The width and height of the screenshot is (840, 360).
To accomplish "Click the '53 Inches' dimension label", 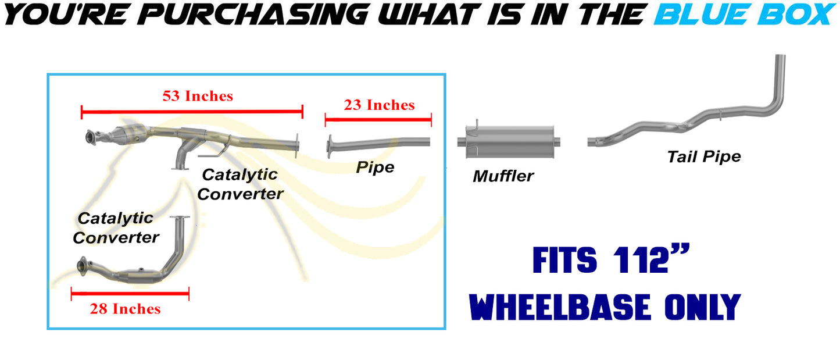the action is click(x=198, y=97).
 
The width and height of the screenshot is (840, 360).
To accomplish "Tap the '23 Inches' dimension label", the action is click(x=379, y=105).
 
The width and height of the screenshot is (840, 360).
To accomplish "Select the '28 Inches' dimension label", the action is click(x=125, y=309).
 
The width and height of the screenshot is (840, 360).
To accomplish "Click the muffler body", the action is click(x=510, y=142).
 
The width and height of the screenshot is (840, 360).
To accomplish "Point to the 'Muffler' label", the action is click(x=503, y=176).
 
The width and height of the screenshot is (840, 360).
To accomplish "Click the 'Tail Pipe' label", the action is click(x=704, y=157).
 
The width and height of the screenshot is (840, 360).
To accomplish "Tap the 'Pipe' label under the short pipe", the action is click(x=375, y=167).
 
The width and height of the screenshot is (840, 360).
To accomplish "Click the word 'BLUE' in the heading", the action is click(x=702, y=15).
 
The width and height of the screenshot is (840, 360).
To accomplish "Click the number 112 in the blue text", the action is click(x=641, y=260).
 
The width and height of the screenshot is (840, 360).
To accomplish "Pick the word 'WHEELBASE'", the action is click(x=560, y=307).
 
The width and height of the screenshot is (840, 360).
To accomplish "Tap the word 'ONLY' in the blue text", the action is click(x=702, y=307).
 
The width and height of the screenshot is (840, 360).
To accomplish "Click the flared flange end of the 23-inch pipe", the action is click(x=330, y=146).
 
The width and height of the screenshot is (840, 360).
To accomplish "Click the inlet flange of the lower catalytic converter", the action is click(x=82, y=266).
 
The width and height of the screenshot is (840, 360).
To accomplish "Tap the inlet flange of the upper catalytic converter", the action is click(x=91, y=137).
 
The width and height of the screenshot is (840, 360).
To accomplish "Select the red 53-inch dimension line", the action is click(x=192, y=112).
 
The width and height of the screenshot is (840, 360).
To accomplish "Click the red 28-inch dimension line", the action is click(x=130, y=294).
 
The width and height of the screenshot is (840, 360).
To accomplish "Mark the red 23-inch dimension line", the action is click(x=378, y=120).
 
